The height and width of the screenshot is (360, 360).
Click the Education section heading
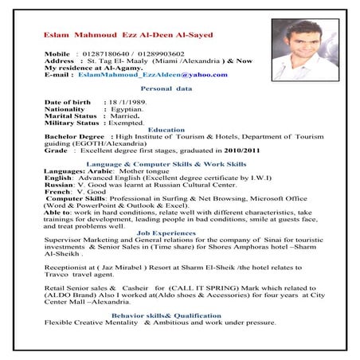pos(166,130)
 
